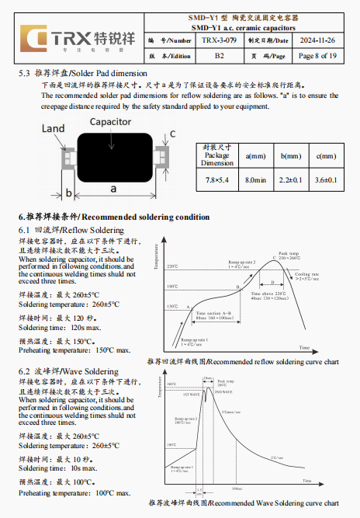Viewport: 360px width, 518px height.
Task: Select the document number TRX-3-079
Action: coord(220,40)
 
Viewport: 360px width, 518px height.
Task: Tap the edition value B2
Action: coord(220,56)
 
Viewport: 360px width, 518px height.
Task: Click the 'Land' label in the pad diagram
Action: coord(54,128)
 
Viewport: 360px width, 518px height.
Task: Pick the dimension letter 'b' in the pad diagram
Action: coord(69,193)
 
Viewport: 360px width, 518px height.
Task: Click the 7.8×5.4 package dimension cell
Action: coord(217,180)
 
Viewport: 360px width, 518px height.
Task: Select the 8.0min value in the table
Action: coord(255,180)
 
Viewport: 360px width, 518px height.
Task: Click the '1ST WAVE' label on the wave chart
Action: coord(190,395)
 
